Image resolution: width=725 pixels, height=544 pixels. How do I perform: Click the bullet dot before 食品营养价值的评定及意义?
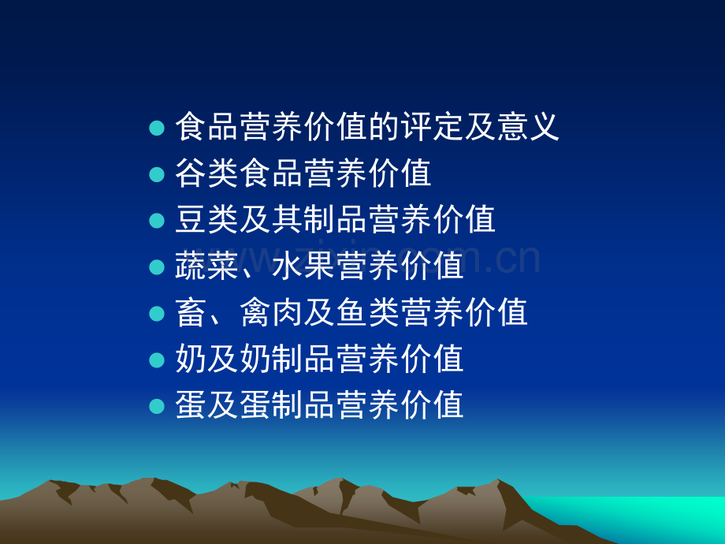[157, 129]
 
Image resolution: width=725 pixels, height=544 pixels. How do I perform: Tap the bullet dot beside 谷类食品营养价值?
[157, 174]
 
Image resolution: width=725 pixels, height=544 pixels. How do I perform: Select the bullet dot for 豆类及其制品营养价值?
[157, 221]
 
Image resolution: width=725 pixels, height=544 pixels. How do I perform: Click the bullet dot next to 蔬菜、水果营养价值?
[157, 267]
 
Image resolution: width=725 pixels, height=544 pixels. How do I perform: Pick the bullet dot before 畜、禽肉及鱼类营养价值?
[157, 313]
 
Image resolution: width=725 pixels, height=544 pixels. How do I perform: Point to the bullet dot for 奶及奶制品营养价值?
[157, 360]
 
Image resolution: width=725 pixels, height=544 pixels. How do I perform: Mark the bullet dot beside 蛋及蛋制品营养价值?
[157, 406]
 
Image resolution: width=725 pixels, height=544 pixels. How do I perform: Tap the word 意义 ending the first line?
[528, 127]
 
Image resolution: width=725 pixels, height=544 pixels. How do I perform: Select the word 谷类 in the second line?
[206, 173]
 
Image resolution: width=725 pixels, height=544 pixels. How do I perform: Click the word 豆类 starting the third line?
[206, 219]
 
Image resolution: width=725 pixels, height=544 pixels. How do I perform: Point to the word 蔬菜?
[206, 266]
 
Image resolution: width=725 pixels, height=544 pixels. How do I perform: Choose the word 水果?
[303, 266]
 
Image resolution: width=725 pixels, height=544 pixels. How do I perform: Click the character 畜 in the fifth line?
[191, 312]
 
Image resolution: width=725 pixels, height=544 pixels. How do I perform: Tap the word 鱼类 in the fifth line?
[367, 312]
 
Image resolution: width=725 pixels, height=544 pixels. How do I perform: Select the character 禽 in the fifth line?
[255, 312]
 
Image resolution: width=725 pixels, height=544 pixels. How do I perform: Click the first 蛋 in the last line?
[191, 404]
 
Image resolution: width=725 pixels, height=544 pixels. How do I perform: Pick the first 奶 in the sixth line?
[191, 359]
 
